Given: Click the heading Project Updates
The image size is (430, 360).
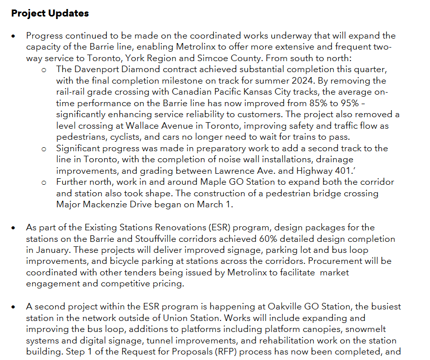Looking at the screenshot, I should [x=50, y=14].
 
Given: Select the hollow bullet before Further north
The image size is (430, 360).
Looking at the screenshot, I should [x=44, y=182].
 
